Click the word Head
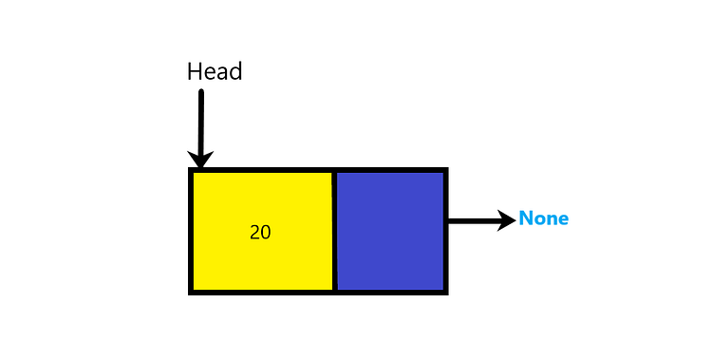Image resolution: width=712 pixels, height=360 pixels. tap(215, 72)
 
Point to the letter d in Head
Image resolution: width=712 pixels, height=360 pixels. tap(235, 72)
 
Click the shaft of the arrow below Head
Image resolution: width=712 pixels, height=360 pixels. tap(200, 119)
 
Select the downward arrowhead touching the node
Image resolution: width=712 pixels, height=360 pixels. tap(200, 160)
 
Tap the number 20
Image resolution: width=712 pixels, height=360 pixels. tap(260, 232)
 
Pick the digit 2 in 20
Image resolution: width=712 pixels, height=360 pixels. tap(254, 232)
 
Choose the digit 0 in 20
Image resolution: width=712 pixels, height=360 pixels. tap(266, 232)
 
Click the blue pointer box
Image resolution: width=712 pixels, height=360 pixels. tap(389, 231)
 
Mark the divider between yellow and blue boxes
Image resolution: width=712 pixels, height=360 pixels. tap(334, 231)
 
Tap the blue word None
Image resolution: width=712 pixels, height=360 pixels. tap(543, 218)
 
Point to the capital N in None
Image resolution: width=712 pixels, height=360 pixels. tap(525, 218)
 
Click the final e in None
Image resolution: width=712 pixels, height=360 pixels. tap(563, 219)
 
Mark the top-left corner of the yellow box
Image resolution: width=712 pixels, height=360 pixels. tap(192, 171)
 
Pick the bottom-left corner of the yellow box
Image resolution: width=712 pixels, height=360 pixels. tap(192, 291)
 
